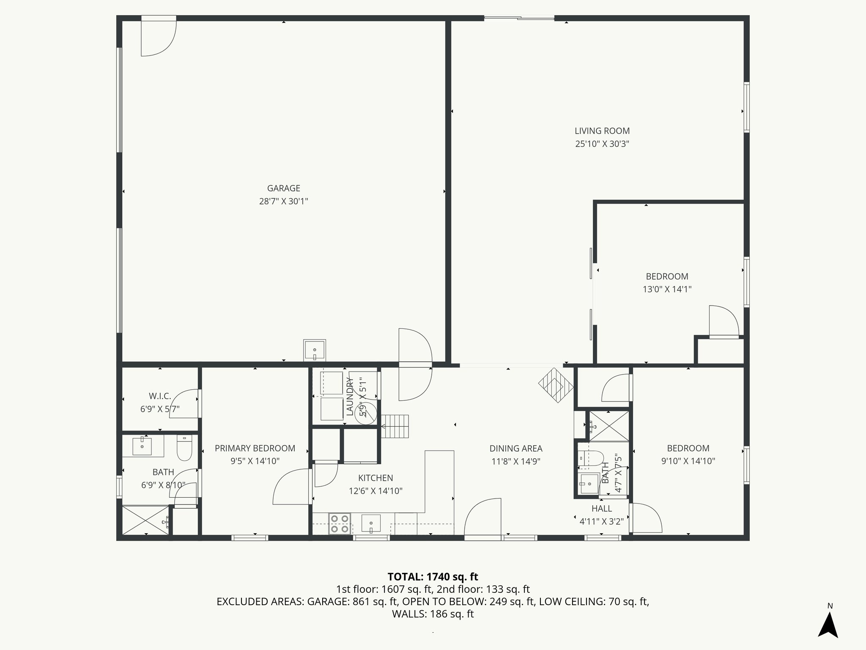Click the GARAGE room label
[283, 188]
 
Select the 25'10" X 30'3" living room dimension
[602, 144]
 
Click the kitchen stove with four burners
[340, 523]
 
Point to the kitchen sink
[371, 523]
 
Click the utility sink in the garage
[315, 350]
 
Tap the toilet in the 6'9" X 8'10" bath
[184, 449]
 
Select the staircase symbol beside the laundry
[396, 426]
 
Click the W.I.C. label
[160, 396]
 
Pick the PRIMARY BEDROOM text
[255, 448]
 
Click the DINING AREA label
[515, 448]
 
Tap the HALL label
[601, 509]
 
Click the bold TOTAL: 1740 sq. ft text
[433, 577]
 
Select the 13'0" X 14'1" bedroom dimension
[667, 289]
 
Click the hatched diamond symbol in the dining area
[556, 385]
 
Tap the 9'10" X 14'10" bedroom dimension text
[688, 461]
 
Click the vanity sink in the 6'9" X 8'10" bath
[143, 446]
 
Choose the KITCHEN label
[375, 478]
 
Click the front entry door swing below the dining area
[482, 518]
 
